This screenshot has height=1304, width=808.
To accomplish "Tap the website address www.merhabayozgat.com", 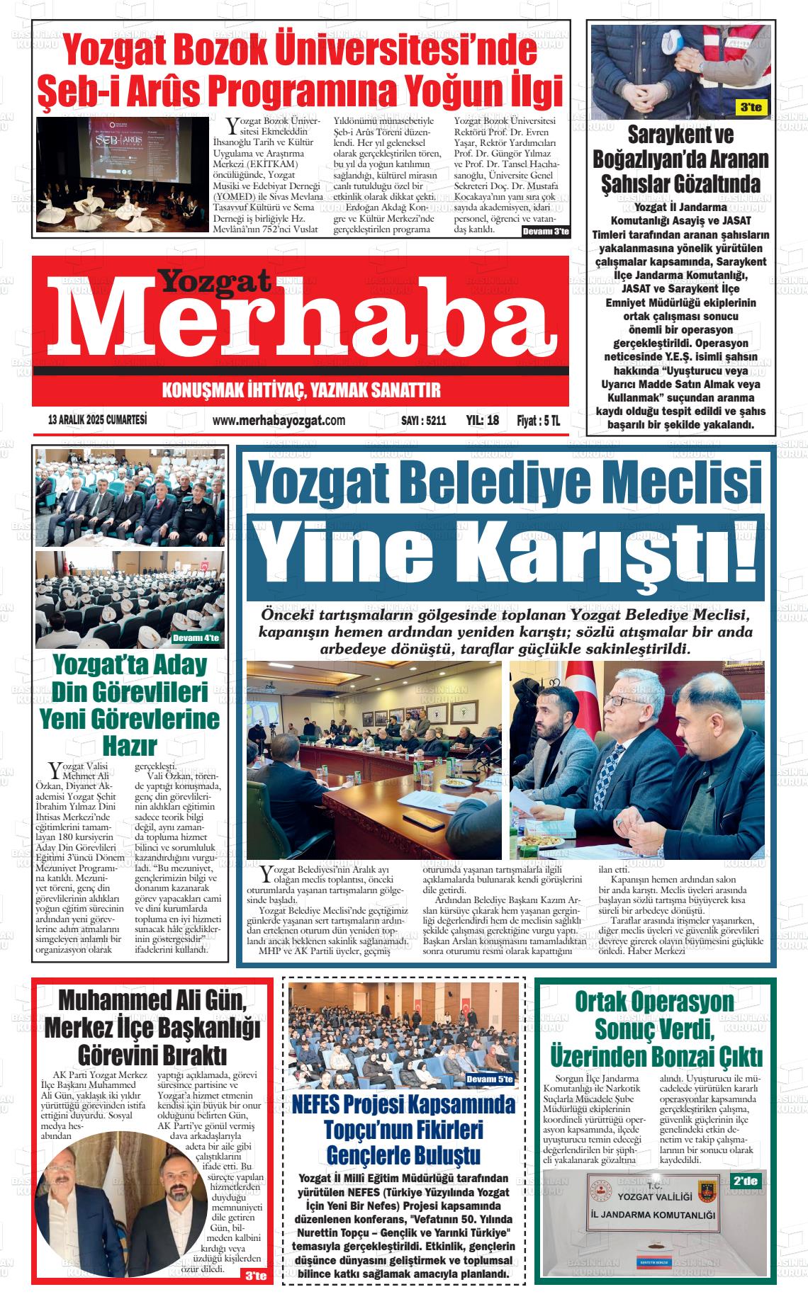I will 279,420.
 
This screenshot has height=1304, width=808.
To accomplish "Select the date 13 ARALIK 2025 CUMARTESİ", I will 97,419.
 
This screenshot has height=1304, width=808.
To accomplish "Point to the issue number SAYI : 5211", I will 424,420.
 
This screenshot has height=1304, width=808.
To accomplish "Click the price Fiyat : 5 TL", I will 538,420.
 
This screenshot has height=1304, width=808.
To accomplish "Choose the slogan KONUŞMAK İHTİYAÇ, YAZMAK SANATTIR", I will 301,390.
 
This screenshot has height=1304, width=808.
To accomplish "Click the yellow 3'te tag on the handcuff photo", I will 750,108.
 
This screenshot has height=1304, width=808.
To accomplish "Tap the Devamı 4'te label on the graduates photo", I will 196,638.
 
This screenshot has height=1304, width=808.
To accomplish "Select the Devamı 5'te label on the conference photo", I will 490,1079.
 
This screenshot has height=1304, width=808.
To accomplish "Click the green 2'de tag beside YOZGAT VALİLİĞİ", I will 745,1181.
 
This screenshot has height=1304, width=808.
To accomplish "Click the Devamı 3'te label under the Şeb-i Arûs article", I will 545,232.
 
